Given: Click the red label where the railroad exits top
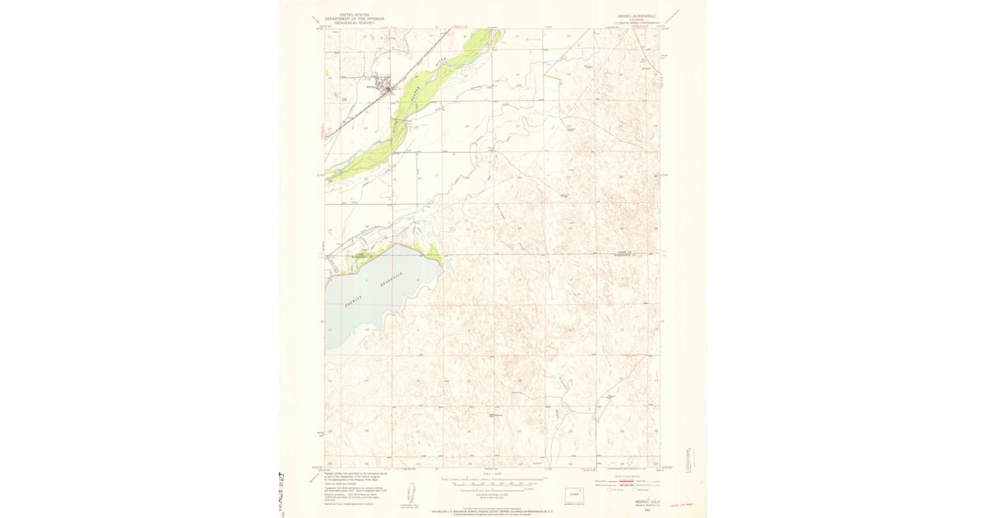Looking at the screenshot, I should tap(458, 26).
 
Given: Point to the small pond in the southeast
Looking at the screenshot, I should tap(612, 400).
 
